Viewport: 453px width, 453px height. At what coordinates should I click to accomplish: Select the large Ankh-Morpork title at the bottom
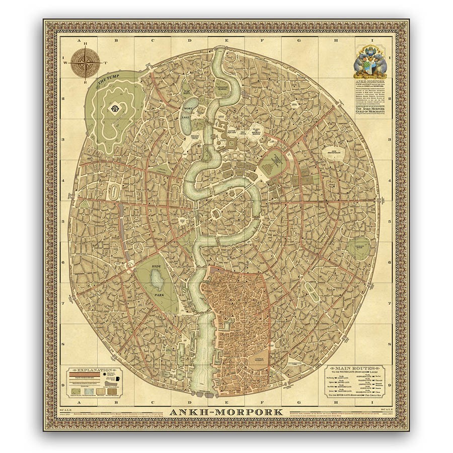coord(226,412)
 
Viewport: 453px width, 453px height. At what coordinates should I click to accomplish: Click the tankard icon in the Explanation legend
coord(117,379)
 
